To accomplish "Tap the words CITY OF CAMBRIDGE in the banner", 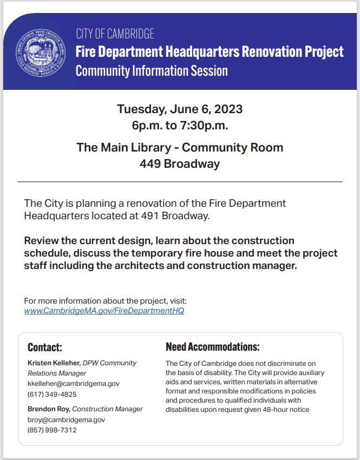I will click(x=115, y=34).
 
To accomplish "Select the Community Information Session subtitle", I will click(x=152, y=71).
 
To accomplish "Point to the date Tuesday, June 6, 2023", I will click(x=180, y=109).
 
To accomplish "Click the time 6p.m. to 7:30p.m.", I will click(x=180, y=126).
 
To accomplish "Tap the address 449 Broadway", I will click(x=180, y=164).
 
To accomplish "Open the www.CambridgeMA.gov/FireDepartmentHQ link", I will click(x=104, y=311).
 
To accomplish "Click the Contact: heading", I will click(x=45, y=347).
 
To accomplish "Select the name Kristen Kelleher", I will click(x=54, y=363).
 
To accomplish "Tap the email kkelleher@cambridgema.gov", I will click(x=74, y=383).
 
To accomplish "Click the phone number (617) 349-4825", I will click(x=52, y=394).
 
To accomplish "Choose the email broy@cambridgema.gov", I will click(x=66, y=419).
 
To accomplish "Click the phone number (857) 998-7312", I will click(x=52, y=430).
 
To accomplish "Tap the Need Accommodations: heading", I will click(x=212, y=347).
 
